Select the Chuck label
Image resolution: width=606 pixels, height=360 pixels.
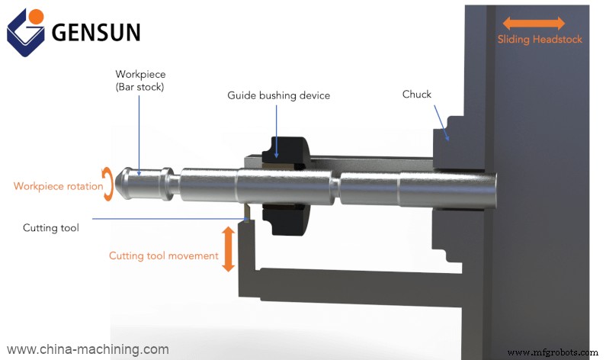click(416, 95)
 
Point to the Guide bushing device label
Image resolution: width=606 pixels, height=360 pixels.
click(278, 96)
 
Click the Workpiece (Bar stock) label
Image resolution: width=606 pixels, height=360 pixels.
click(140, 80)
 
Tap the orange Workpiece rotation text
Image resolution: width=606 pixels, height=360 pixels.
click(58, 186)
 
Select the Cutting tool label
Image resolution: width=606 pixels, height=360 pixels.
click(50, 227)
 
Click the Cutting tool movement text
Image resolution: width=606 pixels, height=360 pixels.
click(163, 256)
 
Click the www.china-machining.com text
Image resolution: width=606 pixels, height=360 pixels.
click(88, 349)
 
